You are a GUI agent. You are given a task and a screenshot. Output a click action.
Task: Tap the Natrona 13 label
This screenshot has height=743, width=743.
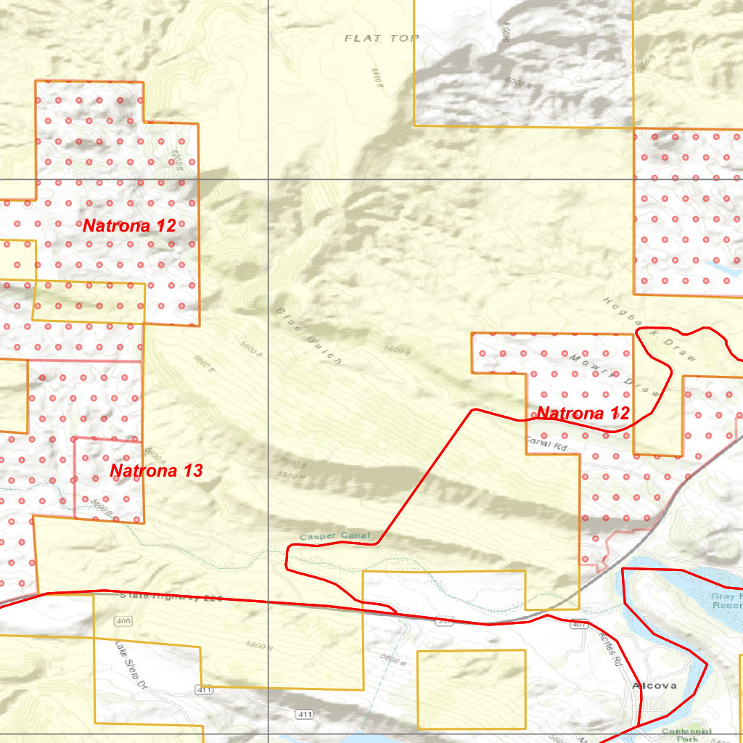click(x=156, y=471)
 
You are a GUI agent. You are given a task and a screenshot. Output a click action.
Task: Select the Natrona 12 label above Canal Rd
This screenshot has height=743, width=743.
click(x=583, y=414)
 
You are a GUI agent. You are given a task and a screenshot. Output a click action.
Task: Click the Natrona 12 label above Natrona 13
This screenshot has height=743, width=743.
click(x=129, y=226)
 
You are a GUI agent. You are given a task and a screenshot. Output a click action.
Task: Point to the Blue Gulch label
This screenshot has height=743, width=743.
click(x=308, y=335)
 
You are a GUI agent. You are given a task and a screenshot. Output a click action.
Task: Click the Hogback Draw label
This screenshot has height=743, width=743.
click(x=649, y=329)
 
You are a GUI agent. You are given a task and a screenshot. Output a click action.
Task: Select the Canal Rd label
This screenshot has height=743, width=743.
click(x=545, y=443)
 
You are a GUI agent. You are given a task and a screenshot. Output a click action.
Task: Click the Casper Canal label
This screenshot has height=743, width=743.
click(x=334, y=536)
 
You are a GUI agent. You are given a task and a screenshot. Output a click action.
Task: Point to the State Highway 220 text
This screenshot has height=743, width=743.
click(x=170, y=596)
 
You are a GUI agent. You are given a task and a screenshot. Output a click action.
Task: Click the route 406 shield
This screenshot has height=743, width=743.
click(x=123, y=621)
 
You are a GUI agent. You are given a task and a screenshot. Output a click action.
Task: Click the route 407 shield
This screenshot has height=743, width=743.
click(x=578, y=624)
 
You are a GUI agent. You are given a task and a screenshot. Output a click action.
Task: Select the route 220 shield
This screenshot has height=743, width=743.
click(x=445, y=621)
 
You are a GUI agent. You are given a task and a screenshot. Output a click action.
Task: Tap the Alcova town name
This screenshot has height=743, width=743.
click(x=654, y=686)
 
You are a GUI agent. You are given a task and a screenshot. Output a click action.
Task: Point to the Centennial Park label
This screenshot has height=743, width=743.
click(x=686, y=734)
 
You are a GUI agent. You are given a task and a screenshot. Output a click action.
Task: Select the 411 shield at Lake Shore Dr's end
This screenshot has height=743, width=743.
click(x=205, y=689)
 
